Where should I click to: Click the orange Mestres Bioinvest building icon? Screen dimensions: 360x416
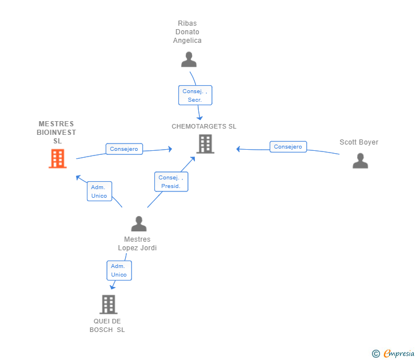tap(58, 158)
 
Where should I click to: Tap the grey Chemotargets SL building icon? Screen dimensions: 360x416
tap(205, 144)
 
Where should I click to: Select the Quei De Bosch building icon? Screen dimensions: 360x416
tap(108, 305)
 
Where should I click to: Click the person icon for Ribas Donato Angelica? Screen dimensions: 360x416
tap(189, 59)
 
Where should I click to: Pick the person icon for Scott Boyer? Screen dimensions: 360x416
tap(360, 161)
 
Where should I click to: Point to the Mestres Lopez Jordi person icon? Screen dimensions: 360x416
tap(139, 223)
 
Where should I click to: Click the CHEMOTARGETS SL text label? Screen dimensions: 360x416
tap(204, 127)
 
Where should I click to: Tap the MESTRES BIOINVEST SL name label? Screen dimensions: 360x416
tap(57, 132)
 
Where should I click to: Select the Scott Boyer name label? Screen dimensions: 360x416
tap(359, 142)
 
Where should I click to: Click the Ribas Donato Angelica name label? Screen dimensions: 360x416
tap(187, 32)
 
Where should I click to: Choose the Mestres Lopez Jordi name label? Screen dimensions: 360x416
tap(137, 243)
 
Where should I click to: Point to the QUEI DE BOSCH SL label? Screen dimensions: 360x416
tap(107, 325)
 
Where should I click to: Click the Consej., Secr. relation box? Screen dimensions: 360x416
tap(195, 95)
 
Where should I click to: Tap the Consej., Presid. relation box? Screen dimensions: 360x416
tap(171, 182)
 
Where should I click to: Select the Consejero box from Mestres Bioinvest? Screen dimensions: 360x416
tap(124, 149)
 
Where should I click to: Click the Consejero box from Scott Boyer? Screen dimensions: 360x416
tap(288, 147)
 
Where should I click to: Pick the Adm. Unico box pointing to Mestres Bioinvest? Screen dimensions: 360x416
tap(99, 191)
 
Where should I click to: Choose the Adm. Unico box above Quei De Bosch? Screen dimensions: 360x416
tap(119, 270)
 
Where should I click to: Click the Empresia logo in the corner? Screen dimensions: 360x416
tap(398, 354)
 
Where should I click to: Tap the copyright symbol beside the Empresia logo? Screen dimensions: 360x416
tap(375, 354)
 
